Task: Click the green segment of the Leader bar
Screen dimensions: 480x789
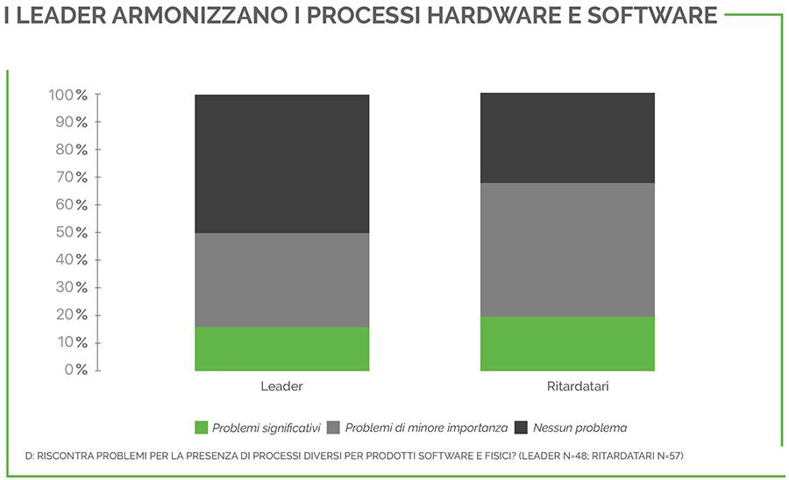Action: coord(281,349)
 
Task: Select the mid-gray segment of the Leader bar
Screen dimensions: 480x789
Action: coord(281,279)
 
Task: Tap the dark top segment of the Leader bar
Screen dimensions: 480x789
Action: coord(281,163)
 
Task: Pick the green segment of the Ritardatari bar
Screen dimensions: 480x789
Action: coord(567,343)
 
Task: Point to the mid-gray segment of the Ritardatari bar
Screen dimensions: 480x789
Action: coord(567,250)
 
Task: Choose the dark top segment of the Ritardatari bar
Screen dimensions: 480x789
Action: coord(567,138)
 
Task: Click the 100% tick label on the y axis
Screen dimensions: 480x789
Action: coord(68,95)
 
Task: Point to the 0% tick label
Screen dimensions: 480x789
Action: coord(76,370)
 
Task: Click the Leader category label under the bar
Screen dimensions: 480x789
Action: coord(281,386)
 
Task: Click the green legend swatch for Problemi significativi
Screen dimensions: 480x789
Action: coord(201,428)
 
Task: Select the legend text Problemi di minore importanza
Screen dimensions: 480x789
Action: coord(426,428)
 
